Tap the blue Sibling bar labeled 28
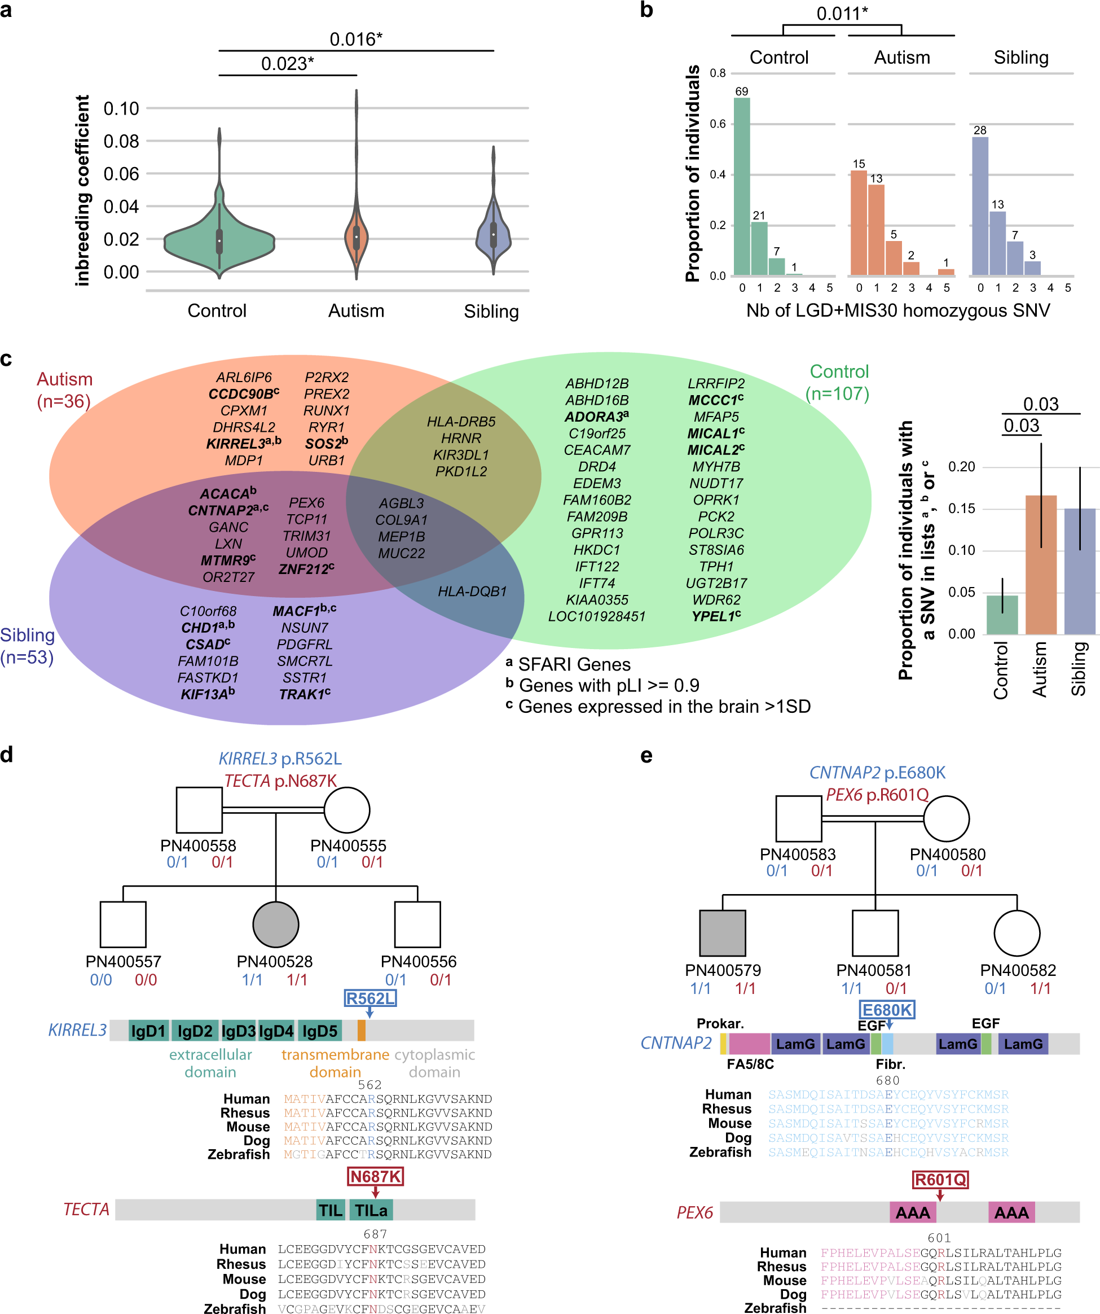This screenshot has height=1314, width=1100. (x=980, y=206)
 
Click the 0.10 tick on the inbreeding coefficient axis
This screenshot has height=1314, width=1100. (x=121, y=109)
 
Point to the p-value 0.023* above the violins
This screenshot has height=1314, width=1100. (x=287, y=64)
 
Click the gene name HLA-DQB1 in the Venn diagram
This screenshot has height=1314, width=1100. (x=472, y=592)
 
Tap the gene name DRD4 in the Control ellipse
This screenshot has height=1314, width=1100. (x=597, y=467)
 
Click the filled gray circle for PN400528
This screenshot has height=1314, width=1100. (x=276, y=924)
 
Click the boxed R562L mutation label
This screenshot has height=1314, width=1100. (x=370, y=998)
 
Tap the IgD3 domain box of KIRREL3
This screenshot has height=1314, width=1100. (x=238, y=1031)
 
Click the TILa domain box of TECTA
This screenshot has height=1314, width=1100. (x=371, y=1210)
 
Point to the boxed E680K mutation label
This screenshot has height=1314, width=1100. (x=887, y=1010)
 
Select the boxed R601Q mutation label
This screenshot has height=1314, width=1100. (x=940, y=1180)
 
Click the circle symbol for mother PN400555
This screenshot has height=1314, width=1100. (x=347, y=809)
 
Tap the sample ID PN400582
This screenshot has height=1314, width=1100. (x=1018, y=970)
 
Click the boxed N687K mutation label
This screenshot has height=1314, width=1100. (x=375, y=1177)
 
